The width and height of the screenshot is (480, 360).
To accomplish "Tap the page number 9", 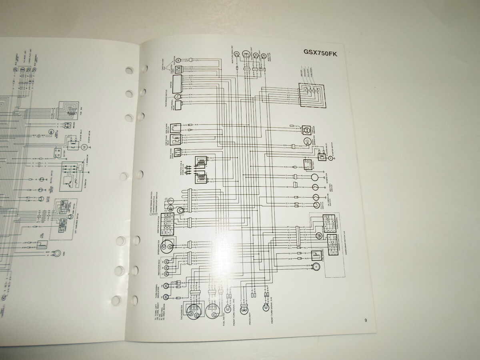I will click(366, 320).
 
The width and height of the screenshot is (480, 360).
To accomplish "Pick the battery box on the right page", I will click(309, 164).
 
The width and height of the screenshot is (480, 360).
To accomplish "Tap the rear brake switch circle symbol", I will click(177, 96).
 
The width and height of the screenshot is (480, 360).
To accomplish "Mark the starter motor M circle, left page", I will click(84, 148).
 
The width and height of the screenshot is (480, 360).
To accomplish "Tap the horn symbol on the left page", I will click(58, 253).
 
